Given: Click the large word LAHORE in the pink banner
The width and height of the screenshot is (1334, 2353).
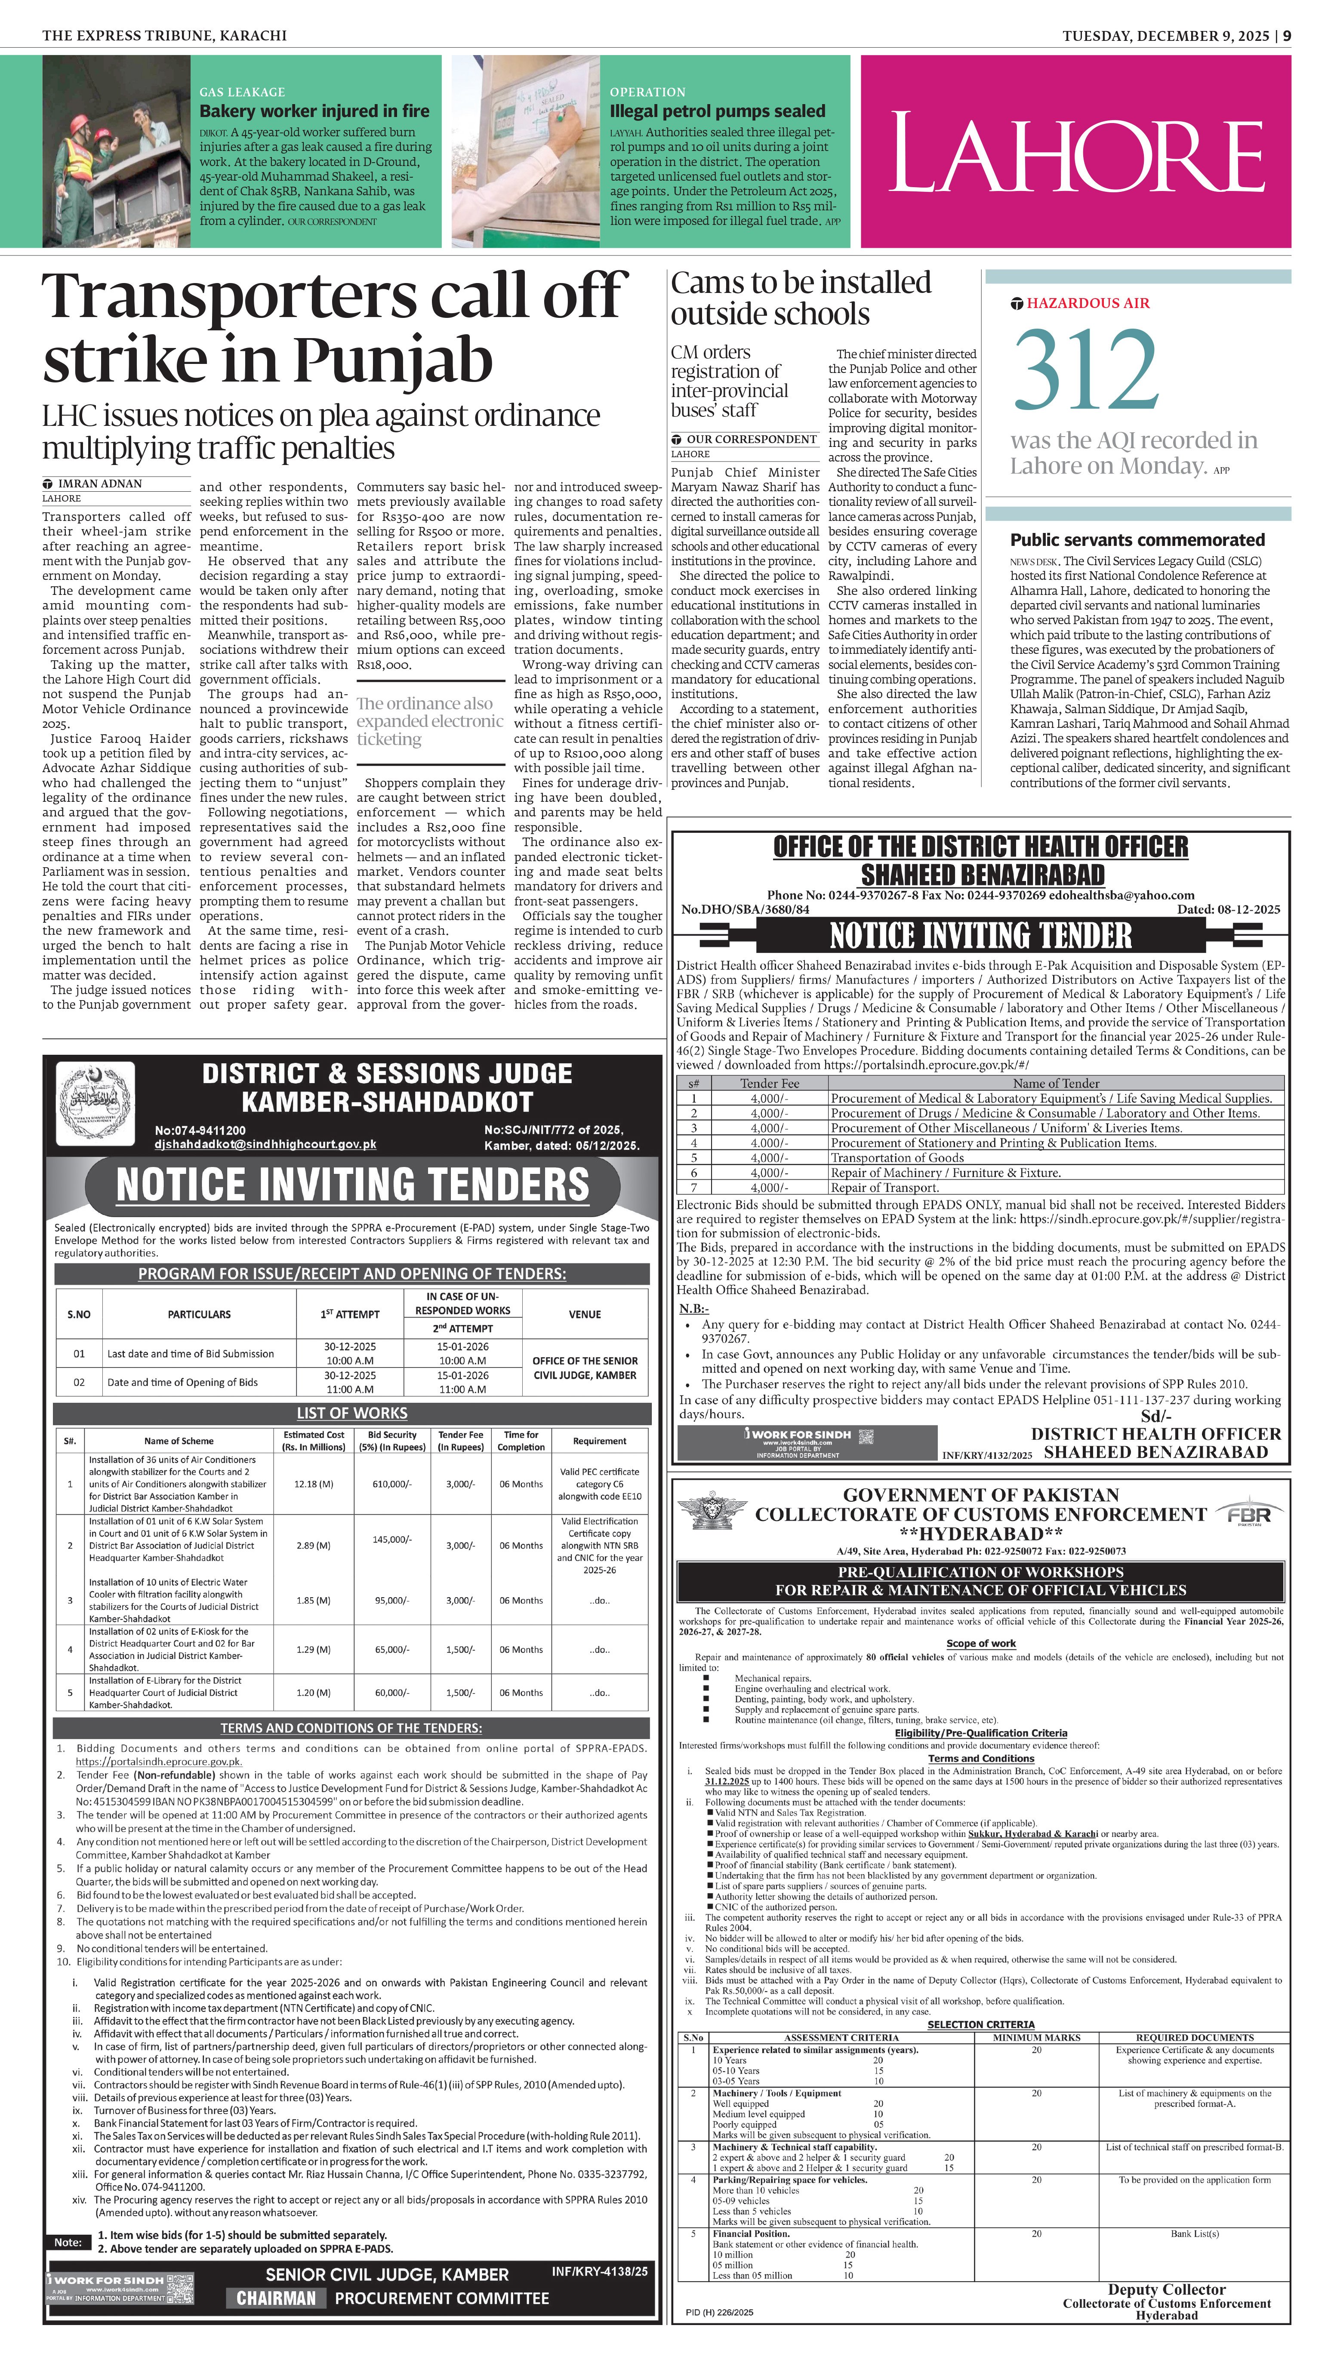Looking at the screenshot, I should click(1075, 152).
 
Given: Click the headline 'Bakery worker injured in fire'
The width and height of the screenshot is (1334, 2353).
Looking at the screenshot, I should click(314, 111).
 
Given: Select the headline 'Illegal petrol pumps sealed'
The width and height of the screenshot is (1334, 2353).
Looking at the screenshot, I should click(718, 111).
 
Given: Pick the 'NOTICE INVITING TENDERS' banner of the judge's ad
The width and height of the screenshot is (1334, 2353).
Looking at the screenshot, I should click(353, 1184).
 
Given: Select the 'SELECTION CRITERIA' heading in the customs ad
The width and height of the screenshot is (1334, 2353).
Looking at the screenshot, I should click(980, 2024).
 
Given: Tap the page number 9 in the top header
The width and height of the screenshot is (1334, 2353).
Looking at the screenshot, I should click(1287, 36).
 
